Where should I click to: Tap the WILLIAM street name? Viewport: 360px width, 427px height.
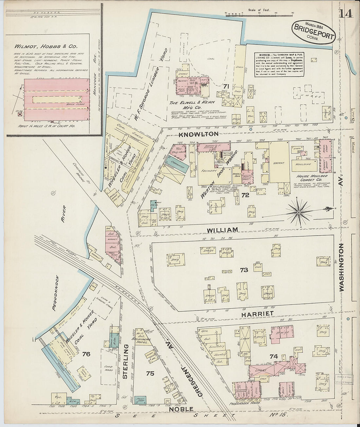coord(222,230)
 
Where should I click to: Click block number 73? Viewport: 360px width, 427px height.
coord(244,270)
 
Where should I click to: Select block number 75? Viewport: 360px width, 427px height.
coord(150,373)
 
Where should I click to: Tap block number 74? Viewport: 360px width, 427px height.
coord(274,356)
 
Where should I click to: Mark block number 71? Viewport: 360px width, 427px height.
coord(225,86)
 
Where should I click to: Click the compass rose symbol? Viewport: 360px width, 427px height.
coord(298,212)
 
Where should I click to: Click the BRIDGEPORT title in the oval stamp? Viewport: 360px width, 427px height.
coord(314,28)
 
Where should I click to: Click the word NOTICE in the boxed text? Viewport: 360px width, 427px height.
coord(264,55)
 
